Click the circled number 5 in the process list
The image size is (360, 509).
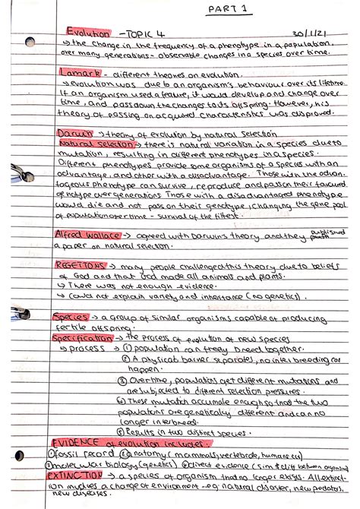click(x=122, y=432)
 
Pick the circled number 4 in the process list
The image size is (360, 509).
click(x=122, y=400)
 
